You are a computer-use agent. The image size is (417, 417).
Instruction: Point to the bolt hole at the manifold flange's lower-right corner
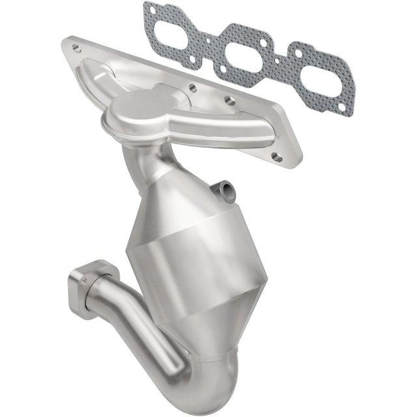tap(276, 156)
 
